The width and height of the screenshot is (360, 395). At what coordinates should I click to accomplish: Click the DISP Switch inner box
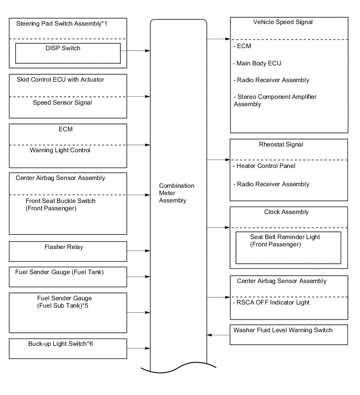(x=68, y=52)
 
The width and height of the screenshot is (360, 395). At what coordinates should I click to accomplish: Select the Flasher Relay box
(x=68, y=251)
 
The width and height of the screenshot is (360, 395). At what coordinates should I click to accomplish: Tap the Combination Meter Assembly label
(x=176, y=193)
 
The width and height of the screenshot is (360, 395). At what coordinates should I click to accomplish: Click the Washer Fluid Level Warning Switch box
(x=289, y=334)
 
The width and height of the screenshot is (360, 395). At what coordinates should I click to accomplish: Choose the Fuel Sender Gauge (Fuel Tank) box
(x=68, y=276)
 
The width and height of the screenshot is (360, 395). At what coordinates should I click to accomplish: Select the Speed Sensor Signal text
(x=62, y=103)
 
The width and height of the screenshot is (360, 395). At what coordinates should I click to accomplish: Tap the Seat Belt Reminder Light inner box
(x=288, y=247)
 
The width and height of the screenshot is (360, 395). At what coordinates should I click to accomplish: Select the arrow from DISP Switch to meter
(x=136, y=51)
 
